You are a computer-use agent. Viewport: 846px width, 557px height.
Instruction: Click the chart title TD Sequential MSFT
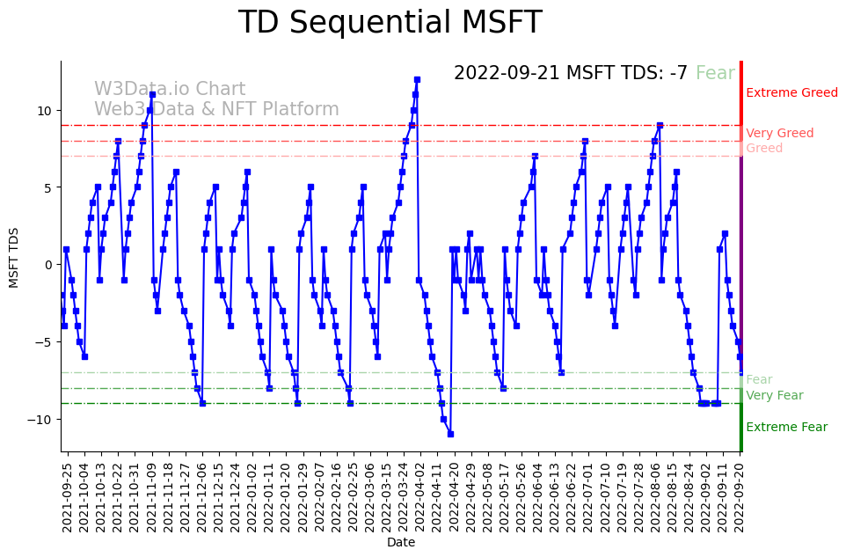tap(390, 23)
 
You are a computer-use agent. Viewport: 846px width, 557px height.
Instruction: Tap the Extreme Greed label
tap(791, 92)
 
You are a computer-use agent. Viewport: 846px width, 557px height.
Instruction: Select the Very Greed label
tap(779, 133)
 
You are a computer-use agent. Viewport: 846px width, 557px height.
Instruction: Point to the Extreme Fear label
tap(786, 428)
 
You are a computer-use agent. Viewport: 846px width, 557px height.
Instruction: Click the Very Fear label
tap(774, 395)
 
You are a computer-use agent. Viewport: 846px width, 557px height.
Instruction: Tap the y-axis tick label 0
tap(49, 264)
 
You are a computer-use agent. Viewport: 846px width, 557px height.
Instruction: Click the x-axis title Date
tap(401, 543)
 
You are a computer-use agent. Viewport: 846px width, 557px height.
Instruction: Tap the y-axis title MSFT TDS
tap(14, 256)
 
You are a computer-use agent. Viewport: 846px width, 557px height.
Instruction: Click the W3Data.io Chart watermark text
tap(170, 89)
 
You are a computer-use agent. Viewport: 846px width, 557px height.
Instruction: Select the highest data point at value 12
tap(417, 79)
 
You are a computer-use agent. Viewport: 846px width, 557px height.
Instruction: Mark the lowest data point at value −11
tap(450, 434)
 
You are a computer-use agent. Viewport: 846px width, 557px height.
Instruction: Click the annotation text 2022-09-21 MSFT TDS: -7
tap(571, 73)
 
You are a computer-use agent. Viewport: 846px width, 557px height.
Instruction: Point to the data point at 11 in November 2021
tap(152, 94)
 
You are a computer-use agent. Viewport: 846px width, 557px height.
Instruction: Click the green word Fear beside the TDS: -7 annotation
tap(715, 73)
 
